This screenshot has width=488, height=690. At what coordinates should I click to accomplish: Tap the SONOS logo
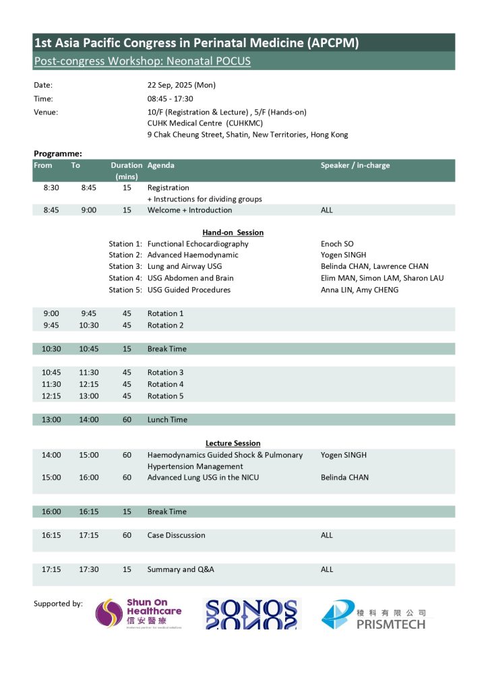(x=251, y=614)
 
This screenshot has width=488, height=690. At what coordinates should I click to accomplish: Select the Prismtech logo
(x=373, y=615)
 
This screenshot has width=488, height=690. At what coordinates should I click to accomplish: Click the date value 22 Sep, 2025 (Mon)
(x=181, y=85)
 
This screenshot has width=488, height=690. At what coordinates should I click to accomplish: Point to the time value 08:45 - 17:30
(x=170, y=98)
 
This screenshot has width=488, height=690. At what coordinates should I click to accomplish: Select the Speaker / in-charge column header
(x=355, y=165)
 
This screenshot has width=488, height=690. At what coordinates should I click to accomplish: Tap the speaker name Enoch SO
(x=337, y=243)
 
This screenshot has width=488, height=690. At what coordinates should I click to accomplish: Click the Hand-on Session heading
(x=233, y=232)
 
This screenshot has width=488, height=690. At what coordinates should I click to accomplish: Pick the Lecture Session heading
(x=233, y=443)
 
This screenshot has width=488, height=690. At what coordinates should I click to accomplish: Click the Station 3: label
(x=125, y=266)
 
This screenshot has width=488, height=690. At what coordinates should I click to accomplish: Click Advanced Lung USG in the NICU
(x=203, y=477)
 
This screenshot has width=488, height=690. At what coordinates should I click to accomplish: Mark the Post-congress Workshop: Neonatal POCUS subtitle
(x=142, y=61)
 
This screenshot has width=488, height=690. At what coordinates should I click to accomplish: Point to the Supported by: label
(x=58, y=603)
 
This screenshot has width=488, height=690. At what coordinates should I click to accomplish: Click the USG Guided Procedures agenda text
(x=189, y=290)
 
